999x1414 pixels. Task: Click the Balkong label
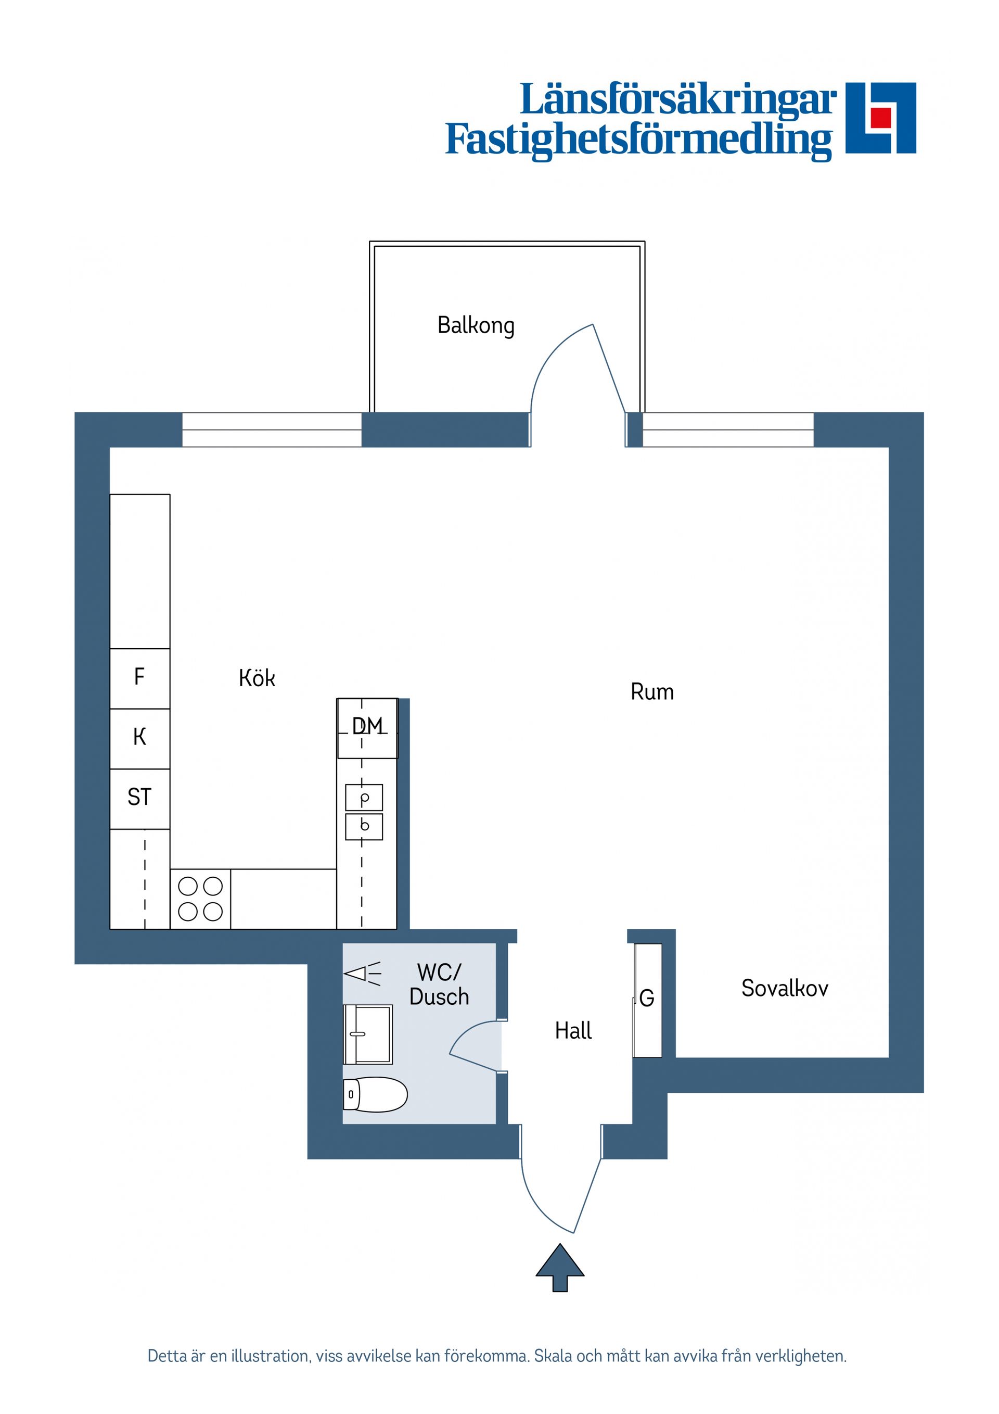pyautogui.click(x=475, y=325)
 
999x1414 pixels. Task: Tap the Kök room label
pyautogui.click(x=257, y=678)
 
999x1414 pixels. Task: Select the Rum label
pyautogui.click(x=652, y=691)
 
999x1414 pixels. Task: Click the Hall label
pyautogui.click(x=573, y=1030)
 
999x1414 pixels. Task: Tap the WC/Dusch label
pyautogui.click(x=439, y=984)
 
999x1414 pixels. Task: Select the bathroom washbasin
pyautogui.click(x=368, y=1034)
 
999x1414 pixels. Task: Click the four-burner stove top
pyautogui.click(x=200, y=899)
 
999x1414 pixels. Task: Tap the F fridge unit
pyautogui.click(x=140, y=677)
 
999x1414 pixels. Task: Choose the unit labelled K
pyautogui.click(x=140, y=737)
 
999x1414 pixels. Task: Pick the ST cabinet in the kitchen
pyautogui.click(x=140, y=798)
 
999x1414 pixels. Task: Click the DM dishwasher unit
pyautogui.click(x=367, y=727)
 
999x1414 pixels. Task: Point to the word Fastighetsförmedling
pyautogui.click(x=638, y=140)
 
